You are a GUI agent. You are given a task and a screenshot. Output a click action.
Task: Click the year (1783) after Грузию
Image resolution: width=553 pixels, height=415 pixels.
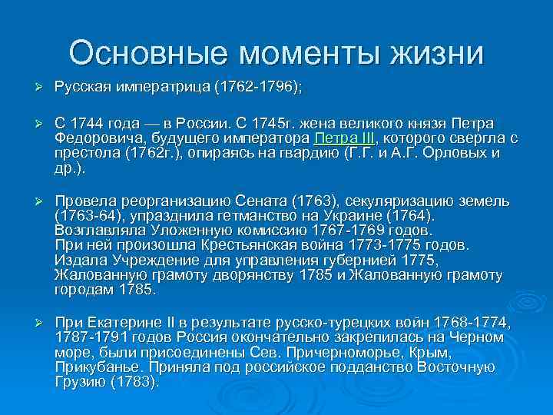(x=136, y=380)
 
